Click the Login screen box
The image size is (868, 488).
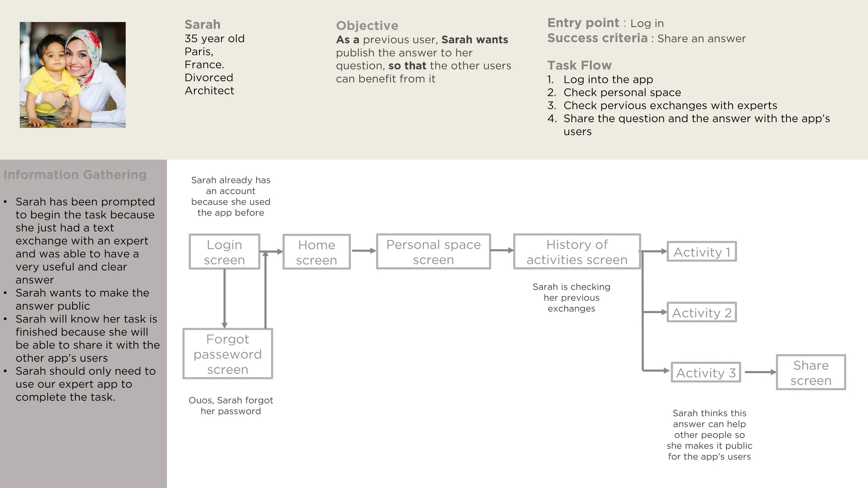(224, 252)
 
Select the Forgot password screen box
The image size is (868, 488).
(228, 354)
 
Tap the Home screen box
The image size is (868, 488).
(316, 252)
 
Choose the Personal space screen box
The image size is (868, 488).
(433, 252)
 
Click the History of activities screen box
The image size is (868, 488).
(577, 252)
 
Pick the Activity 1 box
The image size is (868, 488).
(701, 252)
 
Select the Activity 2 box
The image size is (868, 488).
(701, 313)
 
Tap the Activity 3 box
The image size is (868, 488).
(706, 373)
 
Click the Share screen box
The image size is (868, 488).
(811, 373)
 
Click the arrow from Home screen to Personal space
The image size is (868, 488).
(363, 251)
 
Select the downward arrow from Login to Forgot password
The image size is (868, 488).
(224, 298)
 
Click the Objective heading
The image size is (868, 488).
(367, 25)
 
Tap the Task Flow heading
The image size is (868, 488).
(579, 65)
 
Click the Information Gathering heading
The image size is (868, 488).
(75, 174)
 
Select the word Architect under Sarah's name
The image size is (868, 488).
(209, 91)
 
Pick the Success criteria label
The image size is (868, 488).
(597, 38)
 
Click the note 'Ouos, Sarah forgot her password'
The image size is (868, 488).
(231, 405)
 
